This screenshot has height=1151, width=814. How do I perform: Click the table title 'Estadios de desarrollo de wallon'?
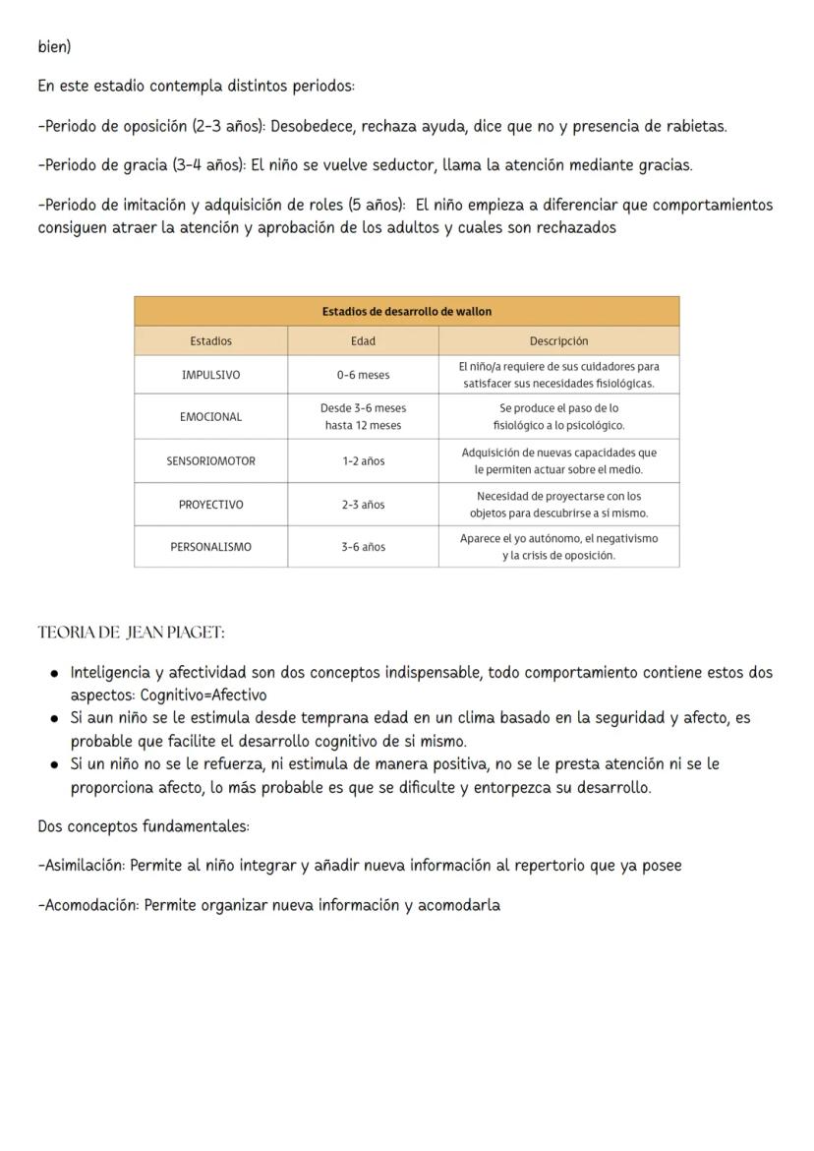(406, 311)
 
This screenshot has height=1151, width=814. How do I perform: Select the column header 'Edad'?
(363, 341)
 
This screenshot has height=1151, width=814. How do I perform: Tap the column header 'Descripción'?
(558, 341)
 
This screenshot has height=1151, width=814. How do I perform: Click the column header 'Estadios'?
(210, 341)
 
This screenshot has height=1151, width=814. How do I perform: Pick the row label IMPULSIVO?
(210, 375)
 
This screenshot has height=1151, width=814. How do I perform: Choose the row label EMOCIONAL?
(210, 417)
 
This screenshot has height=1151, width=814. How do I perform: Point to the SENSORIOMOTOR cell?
(210, 460)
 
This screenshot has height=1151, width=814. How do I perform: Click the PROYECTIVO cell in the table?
(210, 505)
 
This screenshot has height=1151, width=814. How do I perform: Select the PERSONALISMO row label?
(210, 547)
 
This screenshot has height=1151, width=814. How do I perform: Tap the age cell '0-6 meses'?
(363, 375)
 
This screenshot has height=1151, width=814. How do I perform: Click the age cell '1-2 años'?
(363, 460)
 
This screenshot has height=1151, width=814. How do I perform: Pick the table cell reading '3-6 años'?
(363, 547)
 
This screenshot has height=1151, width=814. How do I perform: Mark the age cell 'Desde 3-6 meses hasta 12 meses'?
(363, 417)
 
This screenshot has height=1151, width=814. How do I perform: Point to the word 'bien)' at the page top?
(54, 47)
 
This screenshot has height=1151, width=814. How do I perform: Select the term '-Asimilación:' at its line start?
(82, 866)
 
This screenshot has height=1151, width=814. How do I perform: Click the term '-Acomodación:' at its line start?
(87, 905)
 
